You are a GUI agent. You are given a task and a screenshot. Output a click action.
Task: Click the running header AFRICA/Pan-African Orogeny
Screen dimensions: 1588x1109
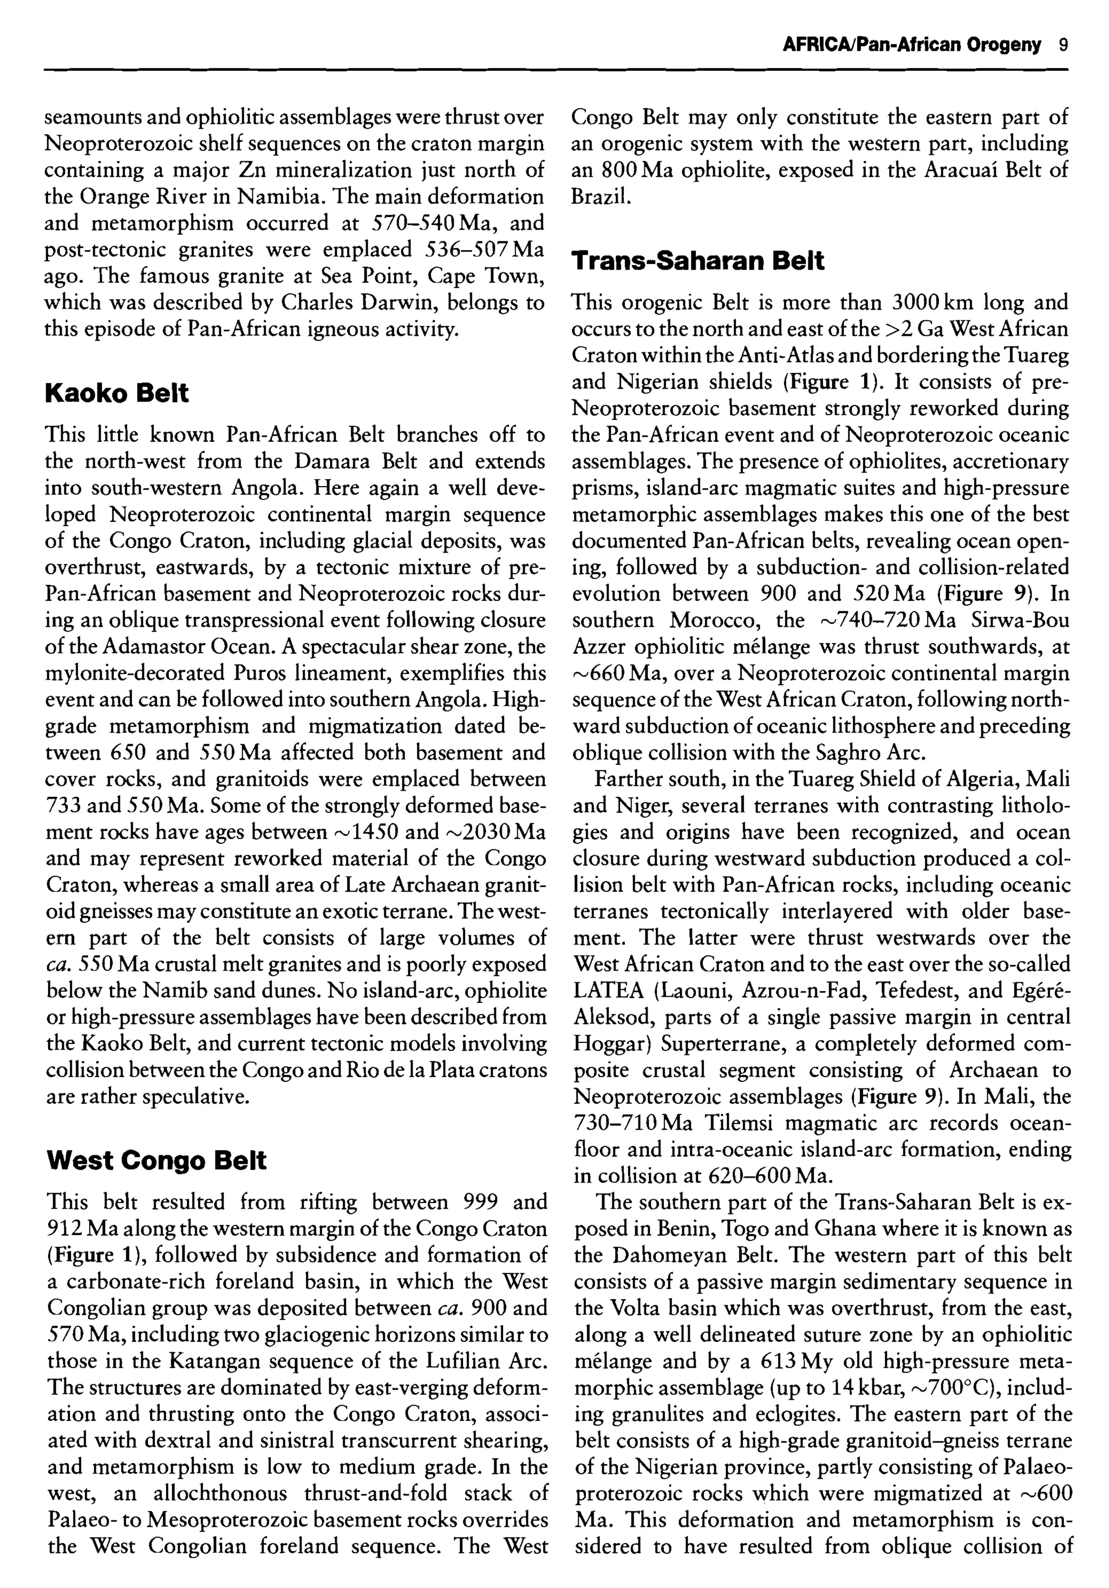[x=911, y=45]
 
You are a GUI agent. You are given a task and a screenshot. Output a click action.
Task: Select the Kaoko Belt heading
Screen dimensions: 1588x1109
[x=116, y=393]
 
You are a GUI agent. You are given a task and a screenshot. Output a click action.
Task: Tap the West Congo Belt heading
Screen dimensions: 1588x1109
[x=156, y=1160]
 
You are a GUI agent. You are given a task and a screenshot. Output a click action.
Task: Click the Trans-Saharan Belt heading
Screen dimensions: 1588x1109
[x=697, y=261]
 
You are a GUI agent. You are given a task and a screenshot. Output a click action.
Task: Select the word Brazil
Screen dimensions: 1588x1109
[x=601, y=197]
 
